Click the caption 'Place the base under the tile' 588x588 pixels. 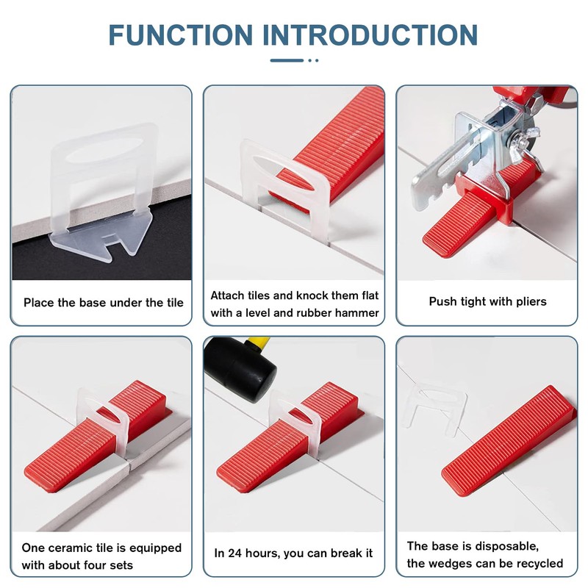pos(104,302)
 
